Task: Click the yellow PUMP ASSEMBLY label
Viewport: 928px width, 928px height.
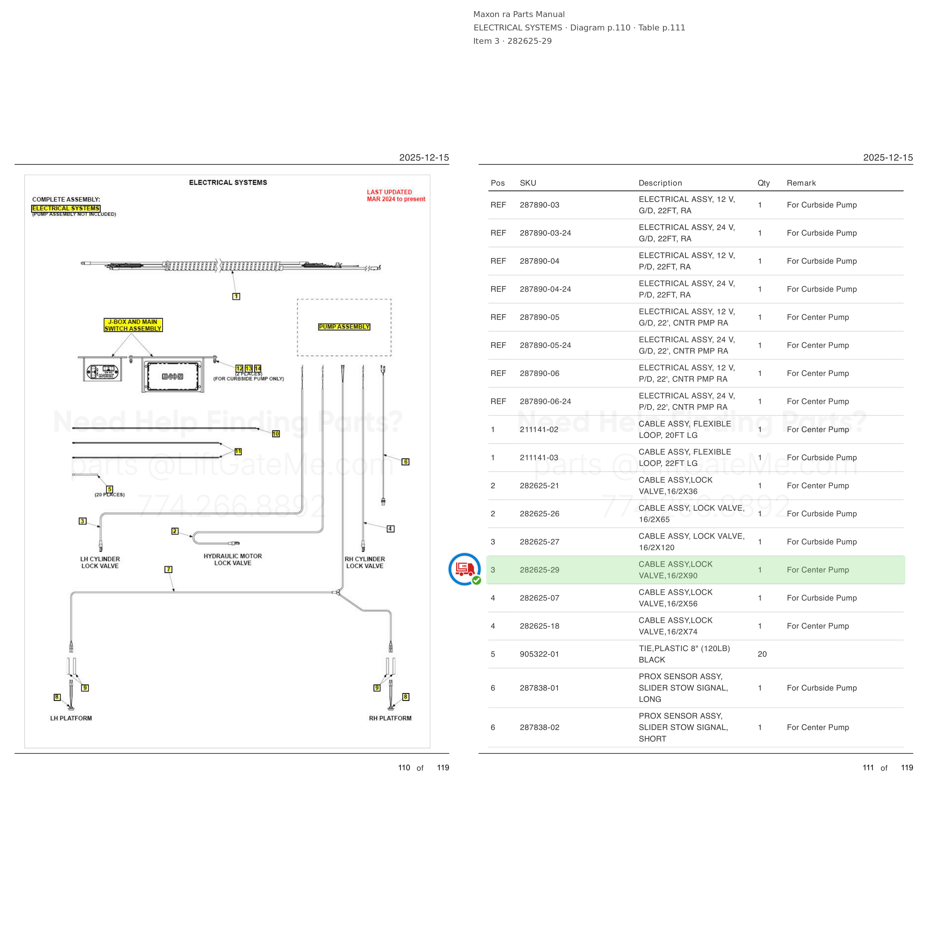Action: click(344, 327)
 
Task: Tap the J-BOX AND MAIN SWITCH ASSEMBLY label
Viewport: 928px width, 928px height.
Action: click(133, 325)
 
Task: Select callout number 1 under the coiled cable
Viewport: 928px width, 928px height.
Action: click(236, 296)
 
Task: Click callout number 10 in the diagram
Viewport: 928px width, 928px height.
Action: click(276, 434)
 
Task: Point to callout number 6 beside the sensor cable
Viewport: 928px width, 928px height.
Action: click(405, 462)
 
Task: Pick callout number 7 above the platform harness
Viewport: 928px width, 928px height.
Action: click(169, 569)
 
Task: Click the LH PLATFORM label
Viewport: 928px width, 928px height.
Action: click(71, 718)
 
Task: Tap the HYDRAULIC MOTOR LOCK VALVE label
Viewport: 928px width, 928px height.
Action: click(233, 560)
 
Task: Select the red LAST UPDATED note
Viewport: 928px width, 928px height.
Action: click(396, 196)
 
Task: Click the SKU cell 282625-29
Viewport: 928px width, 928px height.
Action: click(539, 570)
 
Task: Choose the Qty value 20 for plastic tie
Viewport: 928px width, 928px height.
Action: click(762, 654)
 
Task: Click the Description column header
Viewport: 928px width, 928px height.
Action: click(660, 183)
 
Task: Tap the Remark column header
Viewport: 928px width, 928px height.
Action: click(801, 183)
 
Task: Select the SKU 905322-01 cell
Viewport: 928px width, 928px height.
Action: click(539, 654)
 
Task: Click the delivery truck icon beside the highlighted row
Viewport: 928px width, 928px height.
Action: click(464, 569)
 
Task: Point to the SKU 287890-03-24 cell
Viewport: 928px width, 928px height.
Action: click(545, 233)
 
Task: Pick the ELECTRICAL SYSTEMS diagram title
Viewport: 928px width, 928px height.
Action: click(228, 183)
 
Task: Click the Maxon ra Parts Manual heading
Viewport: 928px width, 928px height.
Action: click(519, 14)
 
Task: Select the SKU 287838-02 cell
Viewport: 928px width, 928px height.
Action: click(539, 727)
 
